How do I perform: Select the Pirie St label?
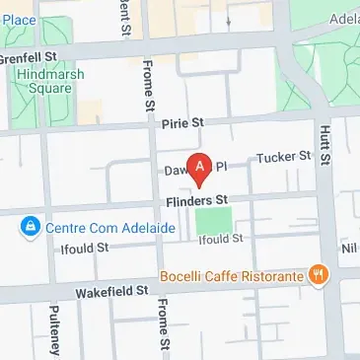[181, 123]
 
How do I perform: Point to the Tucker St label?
[283, 156]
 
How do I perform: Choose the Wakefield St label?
[113, 291]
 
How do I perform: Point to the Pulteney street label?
[55, 330]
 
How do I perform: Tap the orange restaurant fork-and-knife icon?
[318, 275]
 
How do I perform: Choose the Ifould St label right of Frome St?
[220, 240]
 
